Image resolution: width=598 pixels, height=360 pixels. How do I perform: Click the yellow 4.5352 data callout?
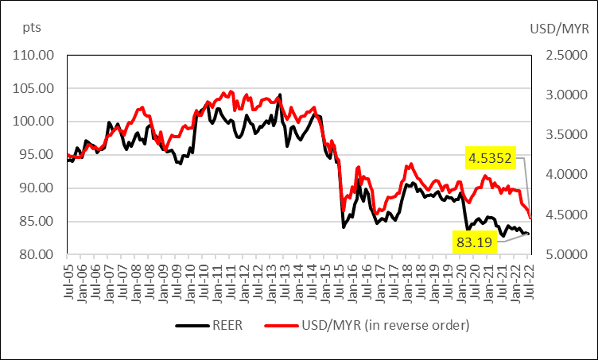click(x=491, y=158)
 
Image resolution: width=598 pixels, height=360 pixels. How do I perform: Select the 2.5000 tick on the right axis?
click(x=561, y=55)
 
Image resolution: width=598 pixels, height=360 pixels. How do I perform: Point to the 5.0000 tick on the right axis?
click(x=561, y=254)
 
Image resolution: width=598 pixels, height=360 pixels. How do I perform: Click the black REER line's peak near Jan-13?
click(x=280, y=95)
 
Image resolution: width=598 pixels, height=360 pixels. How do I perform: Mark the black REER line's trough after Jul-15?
click(x=344, y=227)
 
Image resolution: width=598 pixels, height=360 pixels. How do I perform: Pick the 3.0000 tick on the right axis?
click(x=561, y=95)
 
